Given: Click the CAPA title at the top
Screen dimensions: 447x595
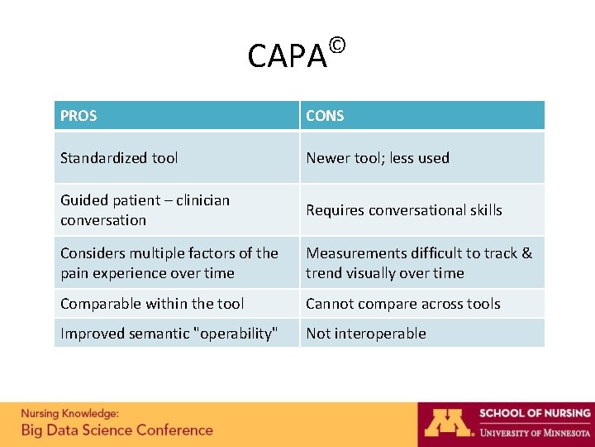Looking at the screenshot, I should [x=287, y=56].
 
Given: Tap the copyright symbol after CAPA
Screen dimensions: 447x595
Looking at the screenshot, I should [x=336, y=44].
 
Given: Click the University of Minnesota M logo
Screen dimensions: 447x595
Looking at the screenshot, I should [x=446, y=422].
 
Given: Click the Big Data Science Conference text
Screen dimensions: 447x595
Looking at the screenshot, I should [x=117, y=430].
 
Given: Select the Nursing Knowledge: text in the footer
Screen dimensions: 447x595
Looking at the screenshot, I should [x=69, y=413].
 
